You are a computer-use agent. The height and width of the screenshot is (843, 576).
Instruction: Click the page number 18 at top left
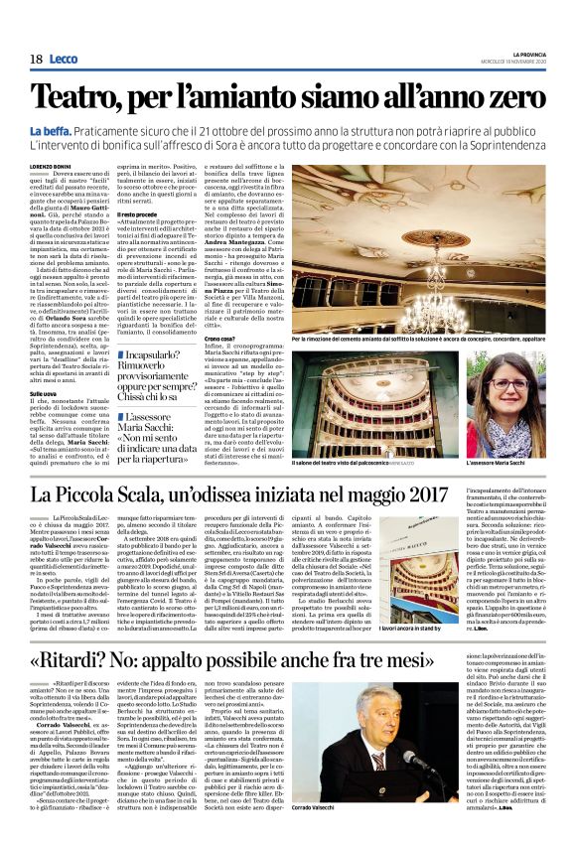click(35, 60)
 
